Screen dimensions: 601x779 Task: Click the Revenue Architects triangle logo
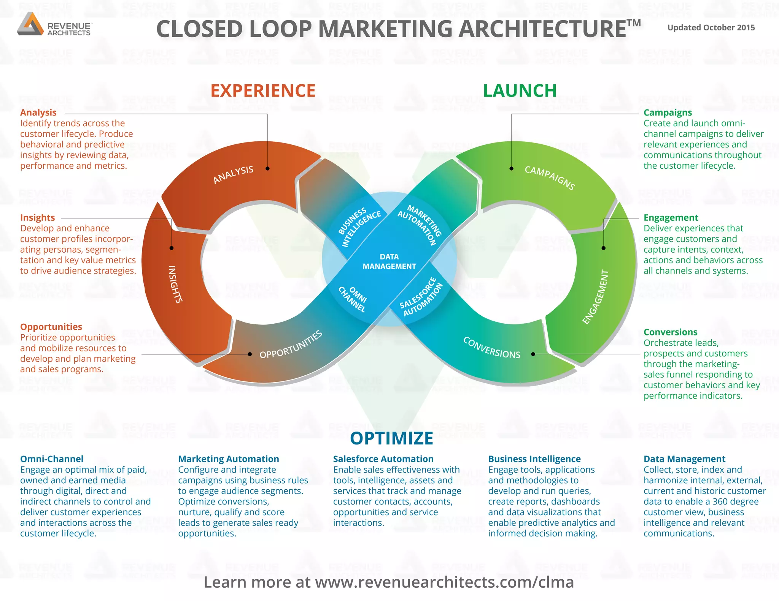[30, 24]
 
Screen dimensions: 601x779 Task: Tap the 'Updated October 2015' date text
[711, 28]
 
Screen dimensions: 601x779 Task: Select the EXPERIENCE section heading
[263, 91]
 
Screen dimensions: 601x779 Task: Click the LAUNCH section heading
[520, 91]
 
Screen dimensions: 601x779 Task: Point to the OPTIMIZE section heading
[391, 438]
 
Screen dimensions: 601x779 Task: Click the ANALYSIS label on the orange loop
[233, 175]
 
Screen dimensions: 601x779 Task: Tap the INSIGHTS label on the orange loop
[175, 284]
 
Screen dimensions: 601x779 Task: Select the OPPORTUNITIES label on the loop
[291, 345]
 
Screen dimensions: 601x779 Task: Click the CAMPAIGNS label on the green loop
[550, 177]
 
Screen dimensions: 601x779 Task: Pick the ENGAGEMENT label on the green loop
[596, 297]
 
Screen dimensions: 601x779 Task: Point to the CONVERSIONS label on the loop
[491, 348]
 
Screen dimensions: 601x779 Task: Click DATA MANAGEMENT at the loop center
[389, 261]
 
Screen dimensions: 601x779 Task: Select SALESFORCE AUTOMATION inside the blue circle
[421, 297]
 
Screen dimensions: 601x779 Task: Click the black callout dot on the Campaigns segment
[512, 168]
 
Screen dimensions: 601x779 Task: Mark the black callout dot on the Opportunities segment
[250, 354]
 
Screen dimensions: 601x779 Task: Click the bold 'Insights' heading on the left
[38, 218]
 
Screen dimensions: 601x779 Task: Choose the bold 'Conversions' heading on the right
[670, 332]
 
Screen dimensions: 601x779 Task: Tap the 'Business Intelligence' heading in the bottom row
[534, 459]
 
